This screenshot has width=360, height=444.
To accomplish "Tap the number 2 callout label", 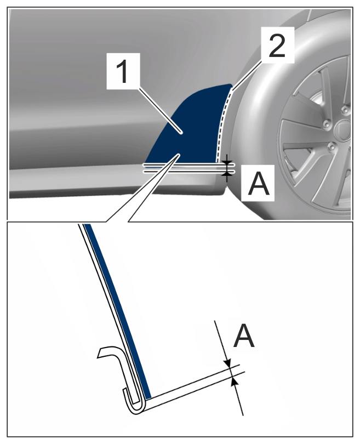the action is click(277, 45).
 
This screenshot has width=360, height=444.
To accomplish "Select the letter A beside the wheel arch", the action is click(258, 183).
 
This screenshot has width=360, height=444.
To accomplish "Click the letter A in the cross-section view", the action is click(243, 336).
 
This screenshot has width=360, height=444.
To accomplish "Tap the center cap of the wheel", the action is click(343, 130).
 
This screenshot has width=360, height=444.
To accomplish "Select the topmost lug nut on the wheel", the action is click(344, 110).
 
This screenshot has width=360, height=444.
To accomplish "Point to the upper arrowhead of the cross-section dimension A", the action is click(227, 363).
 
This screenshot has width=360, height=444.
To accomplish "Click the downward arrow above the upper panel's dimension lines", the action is click(226, 160).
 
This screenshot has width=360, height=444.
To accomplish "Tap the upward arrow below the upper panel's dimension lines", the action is click(226, 177).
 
